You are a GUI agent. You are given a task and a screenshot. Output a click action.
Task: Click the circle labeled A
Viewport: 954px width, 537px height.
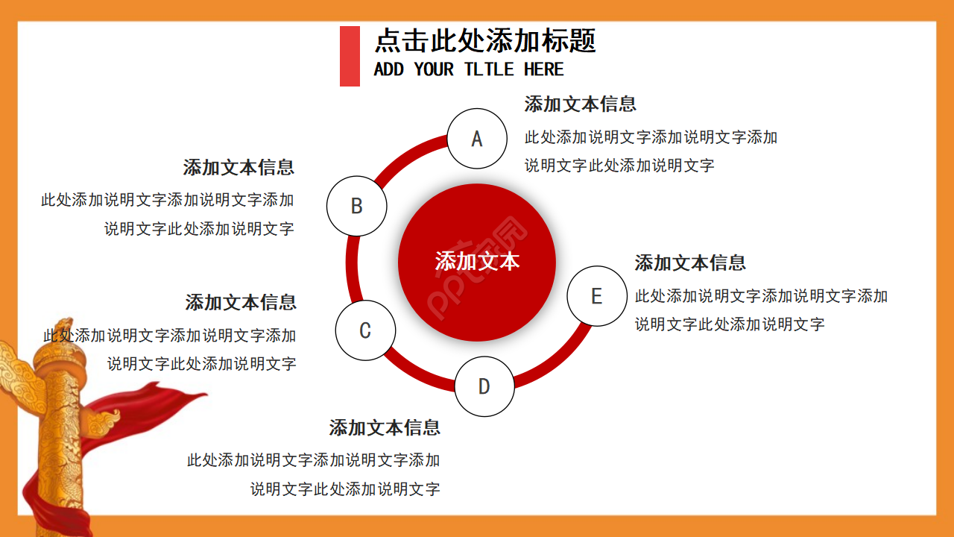pyautogui.click(x=477, y=139)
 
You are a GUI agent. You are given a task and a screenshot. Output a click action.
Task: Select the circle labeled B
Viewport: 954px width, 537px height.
pyautogui.click(x=357, y=207)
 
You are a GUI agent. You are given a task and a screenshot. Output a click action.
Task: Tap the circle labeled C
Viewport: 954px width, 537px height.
pyautogui.click(x=365, y=330)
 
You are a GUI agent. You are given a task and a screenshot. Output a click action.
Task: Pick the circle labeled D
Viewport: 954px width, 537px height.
pyautogui.click(x=484, y=386)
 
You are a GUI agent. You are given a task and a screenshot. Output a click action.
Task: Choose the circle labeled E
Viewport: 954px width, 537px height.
pyautogui.click(x=596, y=296)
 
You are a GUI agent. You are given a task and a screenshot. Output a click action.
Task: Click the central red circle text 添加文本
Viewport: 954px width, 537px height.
pyautogui.click(x=477, y=262)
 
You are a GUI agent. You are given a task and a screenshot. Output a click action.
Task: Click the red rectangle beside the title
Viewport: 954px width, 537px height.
pyautogui.click(x=350, y=56)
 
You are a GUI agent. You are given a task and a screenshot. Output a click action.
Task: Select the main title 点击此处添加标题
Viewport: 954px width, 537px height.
pyautogui.click(x=485, y=40)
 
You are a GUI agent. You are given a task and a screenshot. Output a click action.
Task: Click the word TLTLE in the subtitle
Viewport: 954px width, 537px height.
pyautogui.click(x=489, y=69)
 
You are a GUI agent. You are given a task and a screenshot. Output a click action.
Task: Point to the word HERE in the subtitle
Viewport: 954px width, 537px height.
pyautogui.click(x=543, y=69)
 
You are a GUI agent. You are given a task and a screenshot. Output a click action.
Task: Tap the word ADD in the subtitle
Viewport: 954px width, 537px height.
pyautogui.click(x=388, y=69)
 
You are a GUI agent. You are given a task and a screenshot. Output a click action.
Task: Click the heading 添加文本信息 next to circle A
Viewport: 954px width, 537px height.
pyautogui.click(x=580, y=104)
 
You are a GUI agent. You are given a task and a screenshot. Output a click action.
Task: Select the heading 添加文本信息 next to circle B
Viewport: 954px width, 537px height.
pyautogui.click(x=238, y=168)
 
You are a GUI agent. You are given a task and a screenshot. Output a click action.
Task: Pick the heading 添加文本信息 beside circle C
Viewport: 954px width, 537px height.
pyautogui.click(x=241, y=303)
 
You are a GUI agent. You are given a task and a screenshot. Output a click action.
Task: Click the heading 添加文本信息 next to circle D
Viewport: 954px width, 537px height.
pyautogui.click(x=385, y=428)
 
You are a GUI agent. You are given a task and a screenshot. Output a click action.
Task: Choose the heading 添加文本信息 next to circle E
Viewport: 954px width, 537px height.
pyautogui.click(x=690, y=263)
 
